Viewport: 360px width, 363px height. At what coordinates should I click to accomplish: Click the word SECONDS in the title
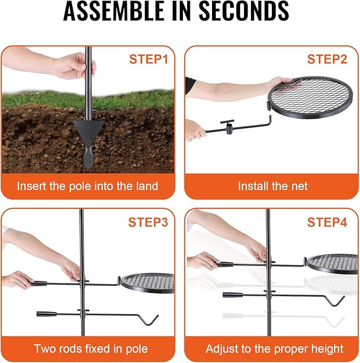point(244,11)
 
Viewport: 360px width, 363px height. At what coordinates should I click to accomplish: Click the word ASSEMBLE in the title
point(113,11)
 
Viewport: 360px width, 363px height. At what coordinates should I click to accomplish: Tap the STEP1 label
point(148,59)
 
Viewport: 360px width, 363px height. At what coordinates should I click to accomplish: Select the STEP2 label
point(327,59)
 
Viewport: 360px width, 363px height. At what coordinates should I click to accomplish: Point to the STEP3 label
point(148,222)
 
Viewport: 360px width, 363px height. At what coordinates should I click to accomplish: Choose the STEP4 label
point(327,222)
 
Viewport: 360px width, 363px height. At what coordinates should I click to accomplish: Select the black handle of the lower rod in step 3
point(47,314)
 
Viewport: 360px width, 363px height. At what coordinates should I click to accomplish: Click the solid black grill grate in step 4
point(333,264)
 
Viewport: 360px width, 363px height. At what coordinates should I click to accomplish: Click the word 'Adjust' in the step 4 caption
point(222,349)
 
